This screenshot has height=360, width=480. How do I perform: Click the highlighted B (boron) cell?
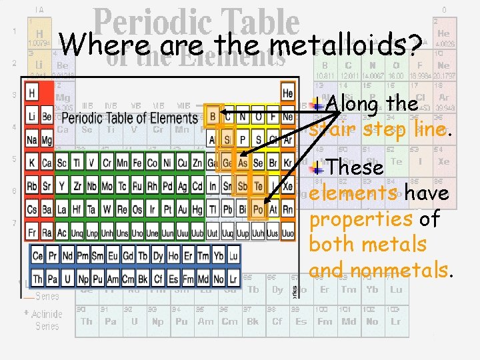(x=213, y=117)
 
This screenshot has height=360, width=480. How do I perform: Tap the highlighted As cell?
(x=242, y=163)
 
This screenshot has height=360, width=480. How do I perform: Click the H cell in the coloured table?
(x=31, y=93)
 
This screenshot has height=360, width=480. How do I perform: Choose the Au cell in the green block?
(x=183, y=209)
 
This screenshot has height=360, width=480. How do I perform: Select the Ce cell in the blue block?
(x=38, y=255)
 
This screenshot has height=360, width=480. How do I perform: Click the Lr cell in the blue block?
(x=233, y=279)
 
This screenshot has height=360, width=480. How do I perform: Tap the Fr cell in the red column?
(x=31, y=232)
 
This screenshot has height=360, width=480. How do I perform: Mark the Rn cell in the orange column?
(x=287, y=209)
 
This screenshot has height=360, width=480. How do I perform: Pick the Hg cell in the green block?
(x=197, y=209)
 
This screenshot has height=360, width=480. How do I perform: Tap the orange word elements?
(x=343, y=193)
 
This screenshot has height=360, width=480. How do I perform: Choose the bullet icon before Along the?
(x=319, y=105)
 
